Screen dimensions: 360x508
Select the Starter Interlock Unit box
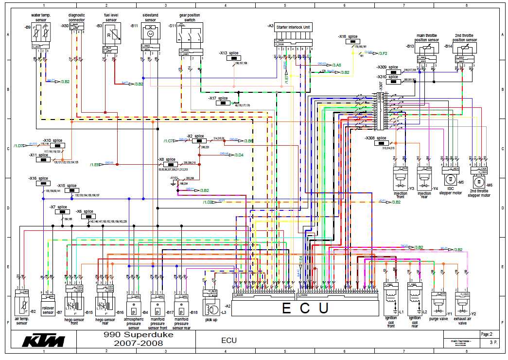point(293,28)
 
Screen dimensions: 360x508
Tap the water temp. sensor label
point(41,17)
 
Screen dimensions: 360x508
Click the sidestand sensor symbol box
point(150,33)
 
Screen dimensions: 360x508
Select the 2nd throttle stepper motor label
point(479,193)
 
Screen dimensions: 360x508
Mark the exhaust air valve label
point(462,321)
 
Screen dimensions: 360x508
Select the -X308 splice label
point(375,138)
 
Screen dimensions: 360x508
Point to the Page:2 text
point(487,334)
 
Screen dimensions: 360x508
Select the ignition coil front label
point(390,322)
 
